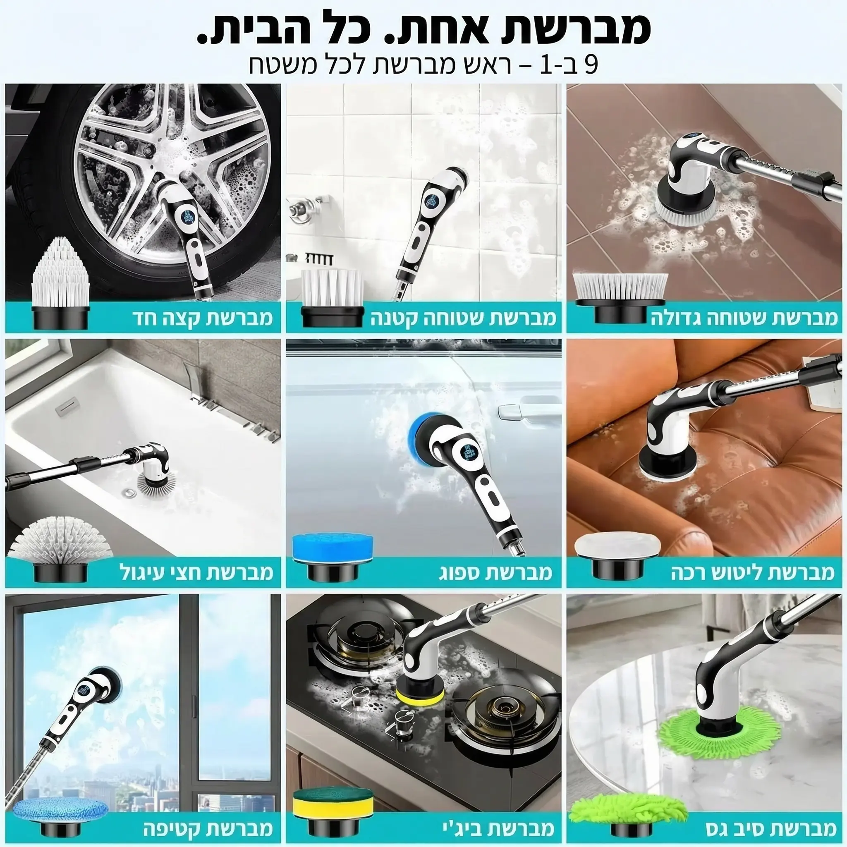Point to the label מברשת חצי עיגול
pyautogui.click(x=196, y=572)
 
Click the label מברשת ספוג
pyautogui.click(x=495, y=572)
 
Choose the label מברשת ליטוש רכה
pyautogui.click(x=752, y=572)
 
